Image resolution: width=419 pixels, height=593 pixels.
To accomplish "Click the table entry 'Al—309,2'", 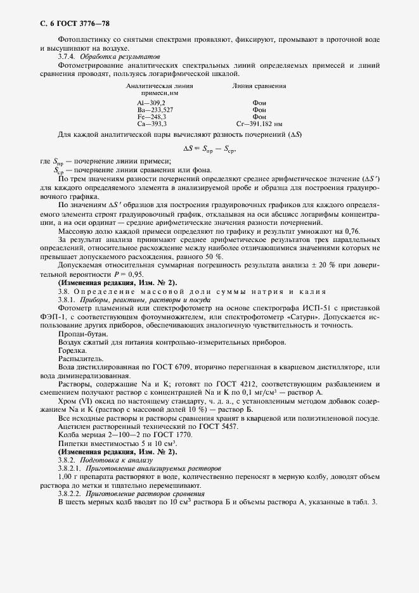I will point(151,102).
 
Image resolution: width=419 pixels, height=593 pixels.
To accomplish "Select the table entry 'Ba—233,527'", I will point(155,110).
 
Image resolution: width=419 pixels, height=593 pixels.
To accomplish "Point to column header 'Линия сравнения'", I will point(259,86).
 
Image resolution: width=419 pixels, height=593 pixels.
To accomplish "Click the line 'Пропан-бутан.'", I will point(82,333).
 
